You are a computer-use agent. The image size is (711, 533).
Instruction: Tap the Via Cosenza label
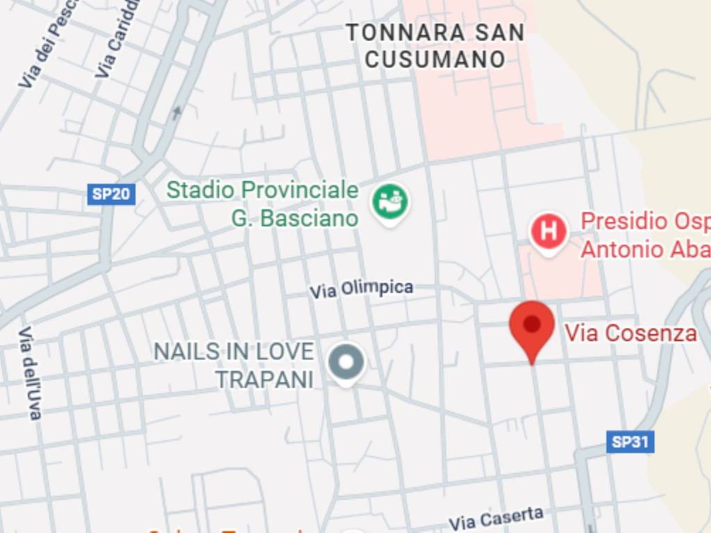630,333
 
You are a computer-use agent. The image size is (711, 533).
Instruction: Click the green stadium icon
390,202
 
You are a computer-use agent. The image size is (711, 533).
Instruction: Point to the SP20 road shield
111,194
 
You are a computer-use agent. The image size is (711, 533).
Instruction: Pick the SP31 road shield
630,441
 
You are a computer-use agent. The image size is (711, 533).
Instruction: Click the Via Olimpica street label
361,289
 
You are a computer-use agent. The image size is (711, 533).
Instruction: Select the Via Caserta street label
496,518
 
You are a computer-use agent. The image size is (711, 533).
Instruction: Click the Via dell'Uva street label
28,373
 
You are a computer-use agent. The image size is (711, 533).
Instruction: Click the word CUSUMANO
435,59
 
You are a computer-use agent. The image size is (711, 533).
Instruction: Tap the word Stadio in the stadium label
201,189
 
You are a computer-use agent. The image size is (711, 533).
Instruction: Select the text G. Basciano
295,219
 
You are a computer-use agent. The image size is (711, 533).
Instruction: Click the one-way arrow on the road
178,112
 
